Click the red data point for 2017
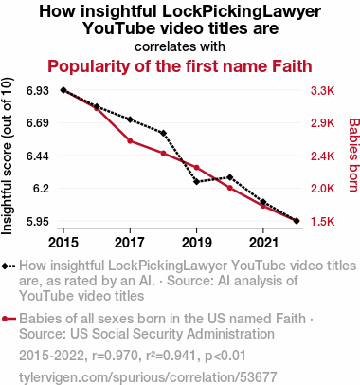[130, 141]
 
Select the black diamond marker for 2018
[163, 133]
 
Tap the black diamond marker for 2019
[197, 182]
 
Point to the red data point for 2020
[230, 188]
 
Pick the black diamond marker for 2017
[130, 119]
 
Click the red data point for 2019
[196, 168]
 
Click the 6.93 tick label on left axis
[38, 91]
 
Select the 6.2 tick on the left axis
[42, 189]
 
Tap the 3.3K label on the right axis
[322, 91]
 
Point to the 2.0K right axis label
[322, 189]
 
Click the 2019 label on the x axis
[197, 243]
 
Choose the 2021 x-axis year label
[263, 243]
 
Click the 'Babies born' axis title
[354, 156]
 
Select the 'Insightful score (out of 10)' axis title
[7, 156]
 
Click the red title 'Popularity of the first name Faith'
[180, 66]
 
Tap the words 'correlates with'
[180, 46]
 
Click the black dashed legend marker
[9, 266]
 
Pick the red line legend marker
[9, 319]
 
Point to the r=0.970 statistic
[115, 356]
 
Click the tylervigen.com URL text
[148, 377]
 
